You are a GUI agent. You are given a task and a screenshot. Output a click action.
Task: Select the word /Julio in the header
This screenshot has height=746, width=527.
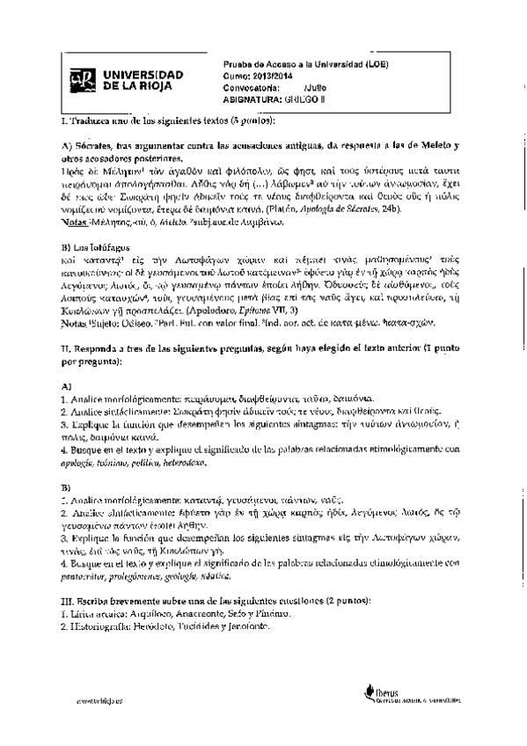point(315,87)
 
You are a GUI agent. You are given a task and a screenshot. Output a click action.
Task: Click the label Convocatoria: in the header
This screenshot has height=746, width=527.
point(251,87)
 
